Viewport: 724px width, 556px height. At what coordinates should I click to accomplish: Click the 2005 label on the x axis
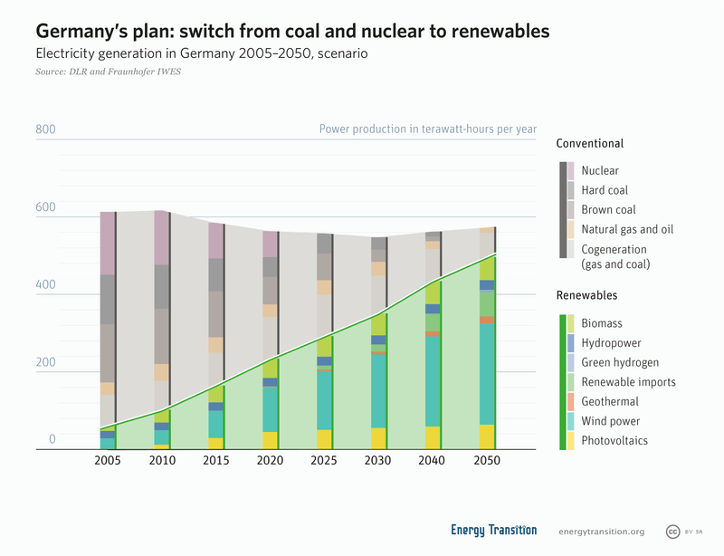(x=108, y=461)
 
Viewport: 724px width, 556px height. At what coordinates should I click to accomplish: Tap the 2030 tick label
(x=378, y=461)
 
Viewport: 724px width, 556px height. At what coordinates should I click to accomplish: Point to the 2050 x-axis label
(x=487, y=461)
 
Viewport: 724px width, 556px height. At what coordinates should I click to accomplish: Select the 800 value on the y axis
(x=45, y=129)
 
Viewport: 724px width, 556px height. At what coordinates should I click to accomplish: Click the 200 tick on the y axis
(x=45, y=362)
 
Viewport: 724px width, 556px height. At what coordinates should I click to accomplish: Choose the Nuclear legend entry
(x=600, y=170)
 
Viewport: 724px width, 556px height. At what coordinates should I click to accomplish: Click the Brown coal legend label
(x=608, y=210)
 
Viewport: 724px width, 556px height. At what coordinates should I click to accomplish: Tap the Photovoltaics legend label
(x=614, y=441)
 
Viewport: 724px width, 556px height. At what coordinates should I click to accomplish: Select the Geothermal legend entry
(x=610, y=401)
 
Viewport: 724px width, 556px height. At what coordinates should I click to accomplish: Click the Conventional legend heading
(x=589, y=143)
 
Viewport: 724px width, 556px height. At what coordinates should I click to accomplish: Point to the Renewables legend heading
(x=586, y=295)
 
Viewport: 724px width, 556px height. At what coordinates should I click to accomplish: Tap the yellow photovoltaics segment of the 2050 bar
(x=487, y=436)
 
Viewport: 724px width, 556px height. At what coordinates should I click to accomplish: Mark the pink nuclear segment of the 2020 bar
(x=270, y=244)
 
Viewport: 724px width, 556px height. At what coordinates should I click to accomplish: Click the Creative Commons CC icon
(x=672, y=532)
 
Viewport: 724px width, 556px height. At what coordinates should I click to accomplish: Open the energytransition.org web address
(x=602, y=532)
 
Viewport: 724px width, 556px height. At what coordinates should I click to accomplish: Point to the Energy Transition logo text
(x=493, y=531)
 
